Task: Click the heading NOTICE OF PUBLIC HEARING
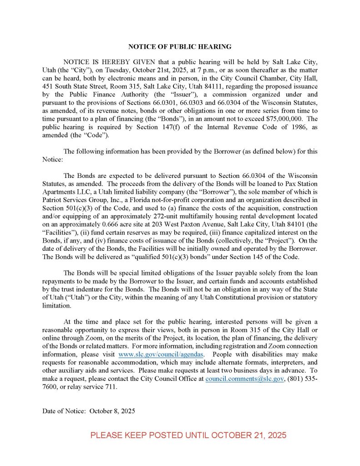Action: coord(180,46)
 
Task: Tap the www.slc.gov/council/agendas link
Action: coord(161,354)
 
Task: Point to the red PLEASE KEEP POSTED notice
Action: coord(188,435)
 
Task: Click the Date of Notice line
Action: coord(89,411)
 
